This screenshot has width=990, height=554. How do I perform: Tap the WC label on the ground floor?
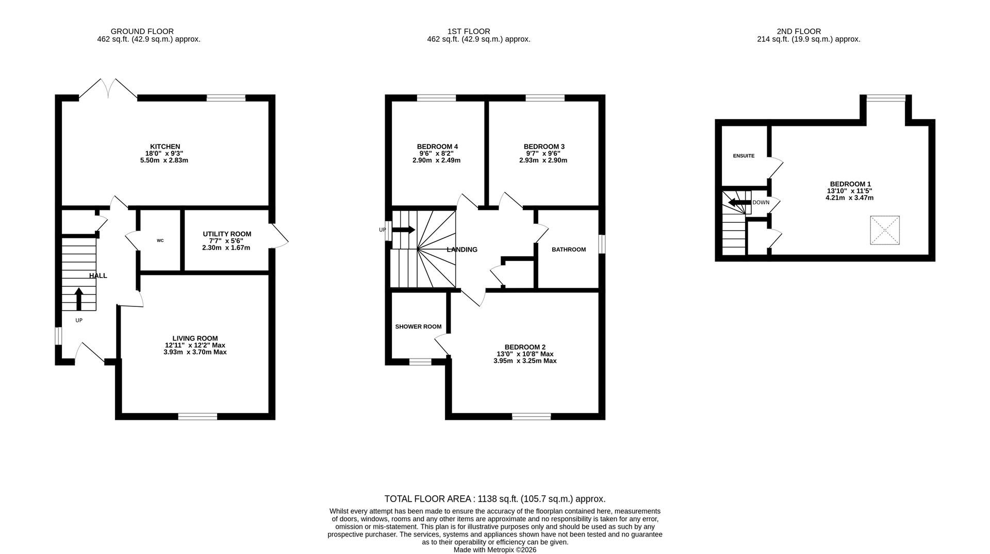click(160, 240)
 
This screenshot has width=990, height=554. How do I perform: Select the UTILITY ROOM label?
click(226, 234)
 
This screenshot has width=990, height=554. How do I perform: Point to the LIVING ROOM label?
click(195, 338)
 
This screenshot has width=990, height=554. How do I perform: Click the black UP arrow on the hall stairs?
click(79, 298)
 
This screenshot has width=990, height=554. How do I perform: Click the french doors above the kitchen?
click(108, 88)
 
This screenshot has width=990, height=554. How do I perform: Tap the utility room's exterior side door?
click(279, 236)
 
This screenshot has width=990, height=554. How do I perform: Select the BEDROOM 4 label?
click(437, 147)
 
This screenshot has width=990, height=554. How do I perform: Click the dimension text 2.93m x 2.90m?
click(543, 160)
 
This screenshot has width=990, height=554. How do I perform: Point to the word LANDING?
click(461, 250)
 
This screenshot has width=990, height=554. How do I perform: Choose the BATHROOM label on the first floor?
click(568, 250)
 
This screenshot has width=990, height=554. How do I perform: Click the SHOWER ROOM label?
click(418, 327)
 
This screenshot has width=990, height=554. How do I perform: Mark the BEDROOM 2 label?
click(524, 347)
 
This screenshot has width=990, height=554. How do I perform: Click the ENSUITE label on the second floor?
click(744, 156)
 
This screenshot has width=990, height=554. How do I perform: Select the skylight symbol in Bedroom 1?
click(885, 230)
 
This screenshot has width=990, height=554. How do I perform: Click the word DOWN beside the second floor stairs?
click(761, 202)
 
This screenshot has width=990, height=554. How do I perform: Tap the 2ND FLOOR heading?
click(798, 31)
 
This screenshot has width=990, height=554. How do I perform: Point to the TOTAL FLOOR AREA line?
click(494, 499)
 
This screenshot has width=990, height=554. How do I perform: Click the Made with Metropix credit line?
click(494, 550)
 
